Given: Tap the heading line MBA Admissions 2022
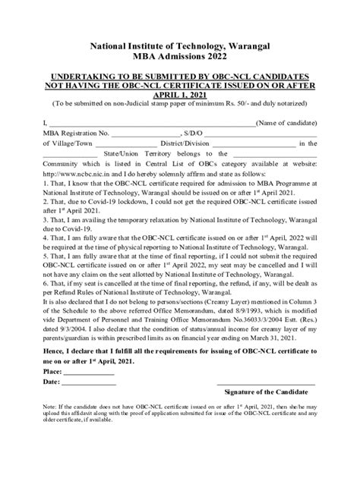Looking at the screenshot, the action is point(179,58).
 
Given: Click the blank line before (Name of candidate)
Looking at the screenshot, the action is point(152,122).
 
